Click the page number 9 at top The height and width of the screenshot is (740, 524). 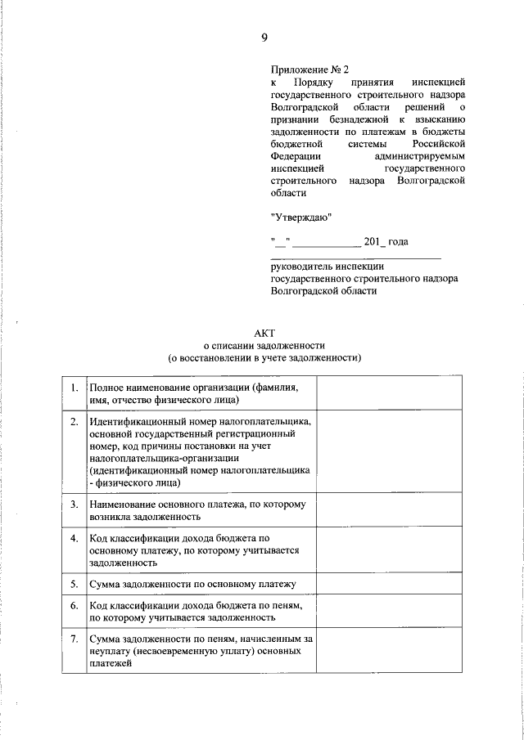click(x=264, y=38)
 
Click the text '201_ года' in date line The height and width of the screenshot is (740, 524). click(x=386, y=241)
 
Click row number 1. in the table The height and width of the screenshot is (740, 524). click(x=75, y=387)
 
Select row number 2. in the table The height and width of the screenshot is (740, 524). click(x=75, y=422)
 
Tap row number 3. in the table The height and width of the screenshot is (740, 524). click(x=75, y=505)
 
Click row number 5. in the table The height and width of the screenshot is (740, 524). click(x=75, y=584)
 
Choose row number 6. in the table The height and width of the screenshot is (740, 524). click(x=75, y=605)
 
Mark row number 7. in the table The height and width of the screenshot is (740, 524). click(x=75, y=638)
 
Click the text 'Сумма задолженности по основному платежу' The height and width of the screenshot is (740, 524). click(x=192, y=584)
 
